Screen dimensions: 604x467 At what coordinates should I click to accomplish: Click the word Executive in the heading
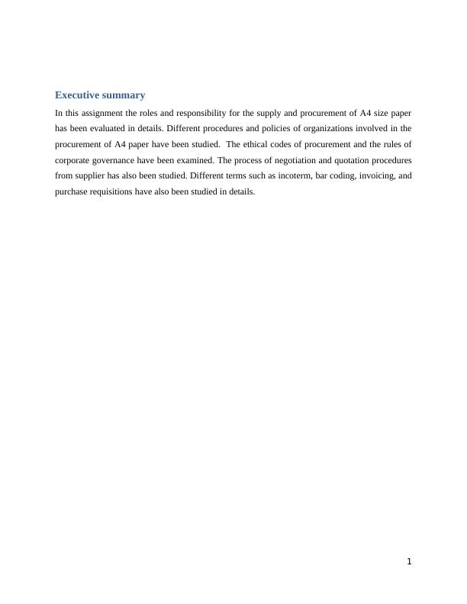[x=76, y=95]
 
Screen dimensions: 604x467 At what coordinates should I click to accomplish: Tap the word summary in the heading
[x=121, y=95]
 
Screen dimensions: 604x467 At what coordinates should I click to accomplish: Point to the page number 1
[x=409, y=562]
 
